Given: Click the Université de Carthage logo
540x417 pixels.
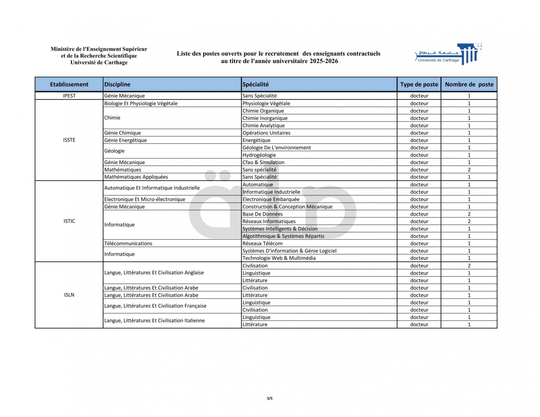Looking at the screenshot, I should (449, 55).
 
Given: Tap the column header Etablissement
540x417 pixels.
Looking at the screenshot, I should (69, 84).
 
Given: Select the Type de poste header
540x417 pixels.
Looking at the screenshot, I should (419, 84).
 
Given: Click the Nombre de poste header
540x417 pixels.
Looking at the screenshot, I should (469, 84).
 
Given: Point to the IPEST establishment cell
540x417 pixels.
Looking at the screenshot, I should (69, 96).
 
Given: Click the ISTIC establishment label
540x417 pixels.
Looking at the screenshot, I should (69, 221).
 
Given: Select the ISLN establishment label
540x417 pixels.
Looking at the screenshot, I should (69, 295).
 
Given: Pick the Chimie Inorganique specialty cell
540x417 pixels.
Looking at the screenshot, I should (265, 118).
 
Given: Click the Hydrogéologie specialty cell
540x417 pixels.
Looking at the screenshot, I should (259, 155).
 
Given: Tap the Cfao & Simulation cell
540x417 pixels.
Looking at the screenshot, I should (263, 162).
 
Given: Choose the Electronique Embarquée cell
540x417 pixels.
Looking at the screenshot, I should (271, 199).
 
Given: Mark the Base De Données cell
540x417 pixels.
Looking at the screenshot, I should (263, 214).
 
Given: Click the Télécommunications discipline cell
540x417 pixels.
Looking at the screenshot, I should (128, 244).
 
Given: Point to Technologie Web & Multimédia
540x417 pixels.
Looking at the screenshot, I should (279, 258).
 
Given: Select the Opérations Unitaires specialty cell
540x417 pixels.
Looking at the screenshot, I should (266, 133).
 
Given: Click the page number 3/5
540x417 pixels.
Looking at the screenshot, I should (270, 398).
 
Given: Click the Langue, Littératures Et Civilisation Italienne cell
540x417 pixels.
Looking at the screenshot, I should (154, 321).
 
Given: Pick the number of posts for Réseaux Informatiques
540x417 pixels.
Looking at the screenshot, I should (469, 221).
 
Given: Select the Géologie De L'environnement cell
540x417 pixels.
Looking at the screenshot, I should (276, 148).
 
